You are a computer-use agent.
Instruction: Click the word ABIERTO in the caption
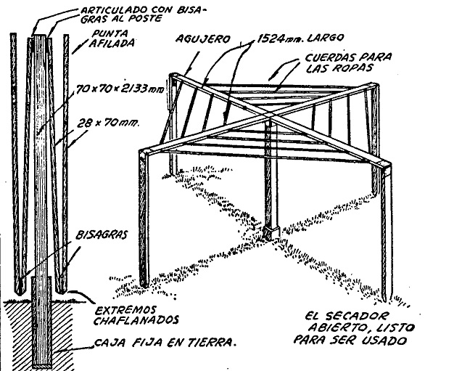point(345,329)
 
